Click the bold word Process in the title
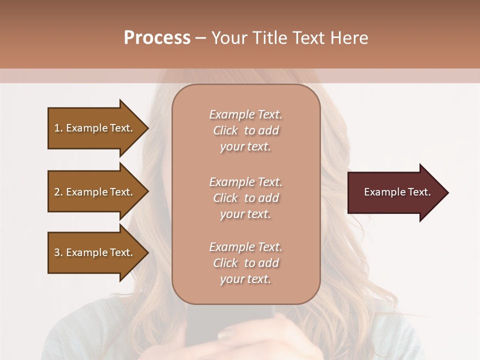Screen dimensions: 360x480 pyautogui.click(x=157, y=38)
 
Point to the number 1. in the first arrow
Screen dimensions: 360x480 pyautogui.click(x=58, y=128)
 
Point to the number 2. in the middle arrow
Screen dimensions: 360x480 pyautogui.click(x=58, y=192)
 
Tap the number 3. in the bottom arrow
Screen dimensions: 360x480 pyautogui.click(x=58, y=252)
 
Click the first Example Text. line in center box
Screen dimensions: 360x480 pyautogui.click(x=245, y=114)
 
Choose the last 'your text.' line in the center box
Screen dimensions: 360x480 pyautogui.click(x=245, y=279)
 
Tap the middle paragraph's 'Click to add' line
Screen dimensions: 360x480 pyautogui.click(x=245, y=198)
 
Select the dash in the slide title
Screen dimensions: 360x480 pyautogui.click(x=200, y=38)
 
